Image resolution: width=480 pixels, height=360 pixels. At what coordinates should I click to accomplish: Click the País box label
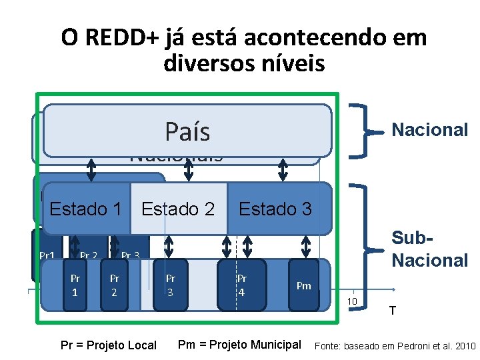(187, 132)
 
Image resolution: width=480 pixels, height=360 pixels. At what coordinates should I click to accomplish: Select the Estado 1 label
(85, 209)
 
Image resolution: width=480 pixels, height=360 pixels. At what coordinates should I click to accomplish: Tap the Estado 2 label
(178, 209)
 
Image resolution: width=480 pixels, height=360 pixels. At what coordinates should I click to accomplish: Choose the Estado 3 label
(275, 209)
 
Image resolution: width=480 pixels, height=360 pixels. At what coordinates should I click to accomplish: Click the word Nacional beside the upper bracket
(430, 129)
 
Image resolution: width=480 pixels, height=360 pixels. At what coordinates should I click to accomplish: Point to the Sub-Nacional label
(430, 249)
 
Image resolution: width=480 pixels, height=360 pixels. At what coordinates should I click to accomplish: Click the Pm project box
(304, 286)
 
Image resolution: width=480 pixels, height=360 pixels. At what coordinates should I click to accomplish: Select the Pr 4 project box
(242, 285)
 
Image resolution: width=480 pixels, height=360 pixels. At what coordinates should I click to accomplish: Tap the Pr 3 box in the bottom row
(171, 285)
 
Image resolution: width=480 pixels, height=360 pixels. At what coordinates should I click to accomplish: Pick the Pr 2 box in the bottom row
(115, 285)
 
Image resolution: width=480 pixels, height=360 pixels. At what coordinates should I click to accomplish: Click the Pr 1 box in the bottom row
(75, 285)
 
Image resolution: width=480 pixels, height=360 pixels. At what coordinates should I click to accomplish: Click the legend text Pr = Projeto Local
(108, 345)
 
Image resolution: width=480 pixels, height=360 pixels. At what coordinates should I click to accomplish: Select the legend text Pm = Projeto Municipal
(239, 345)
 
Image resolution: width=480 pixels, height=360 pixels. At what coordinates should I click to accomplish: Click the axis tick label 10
(353, 302)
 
